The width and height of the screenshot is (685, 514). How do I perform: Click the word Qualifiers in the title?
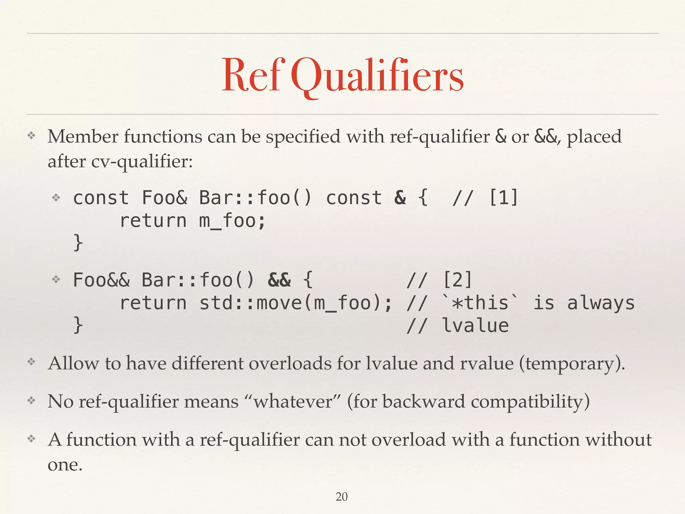tap(377, 75)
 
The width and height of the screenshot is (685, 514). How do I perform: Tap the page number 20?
tap(341, 497)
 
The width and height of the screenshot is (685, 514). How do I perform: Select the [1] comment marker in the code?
tap(503, 197)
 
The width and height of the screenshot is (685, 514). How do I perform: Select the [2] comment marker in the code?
tap(457, 280)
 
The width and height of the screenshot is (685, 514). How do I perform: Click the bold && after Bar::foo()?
tap(279, 280)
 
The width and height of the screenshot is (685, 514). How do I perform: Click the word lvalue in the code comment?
tap(475, 326)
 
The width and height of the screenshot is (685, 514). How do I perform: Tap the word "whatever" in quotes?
tap(293, 401)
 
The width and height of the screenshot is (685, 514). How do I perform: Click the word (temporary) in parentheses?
tap(572, 364)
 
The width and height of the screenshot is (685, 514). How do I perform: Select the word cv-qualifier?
tap(142, 162)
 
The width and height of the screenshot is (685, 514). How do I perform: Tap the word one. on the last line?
tap(65, 464)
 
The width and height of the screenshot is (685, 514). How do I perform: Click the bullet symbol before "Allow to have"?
tap(31, 362)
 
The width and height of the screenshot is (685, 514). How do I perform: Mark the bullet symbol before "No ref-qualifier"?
tap(31, 400)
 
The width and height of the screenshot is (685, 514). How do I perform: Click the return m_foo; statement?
tap(193, 221)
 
